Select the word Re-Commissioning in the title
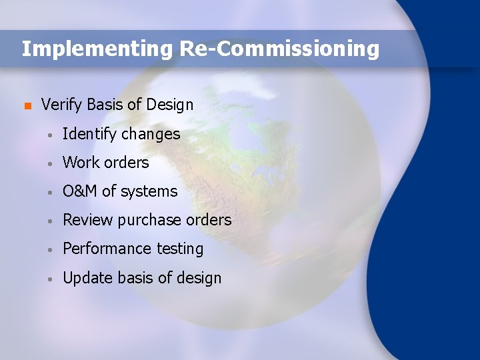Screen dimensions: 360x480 [279, 49]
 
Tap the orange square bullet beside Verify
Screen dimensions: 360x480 [27, 105]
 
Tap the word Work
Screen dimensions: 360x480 [81, 163]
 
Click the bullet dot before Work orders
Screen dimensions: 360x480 [51, 163]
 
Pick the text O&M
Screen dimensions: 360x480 [80, 191]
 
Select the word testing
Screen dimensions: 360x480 [179, 249]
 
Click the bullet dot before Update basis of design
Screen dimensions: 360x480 [51, 278]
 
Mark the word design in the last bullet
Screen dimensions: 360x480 [199, 278]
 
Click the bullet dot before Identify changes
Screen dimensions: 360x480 [51, 135]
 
